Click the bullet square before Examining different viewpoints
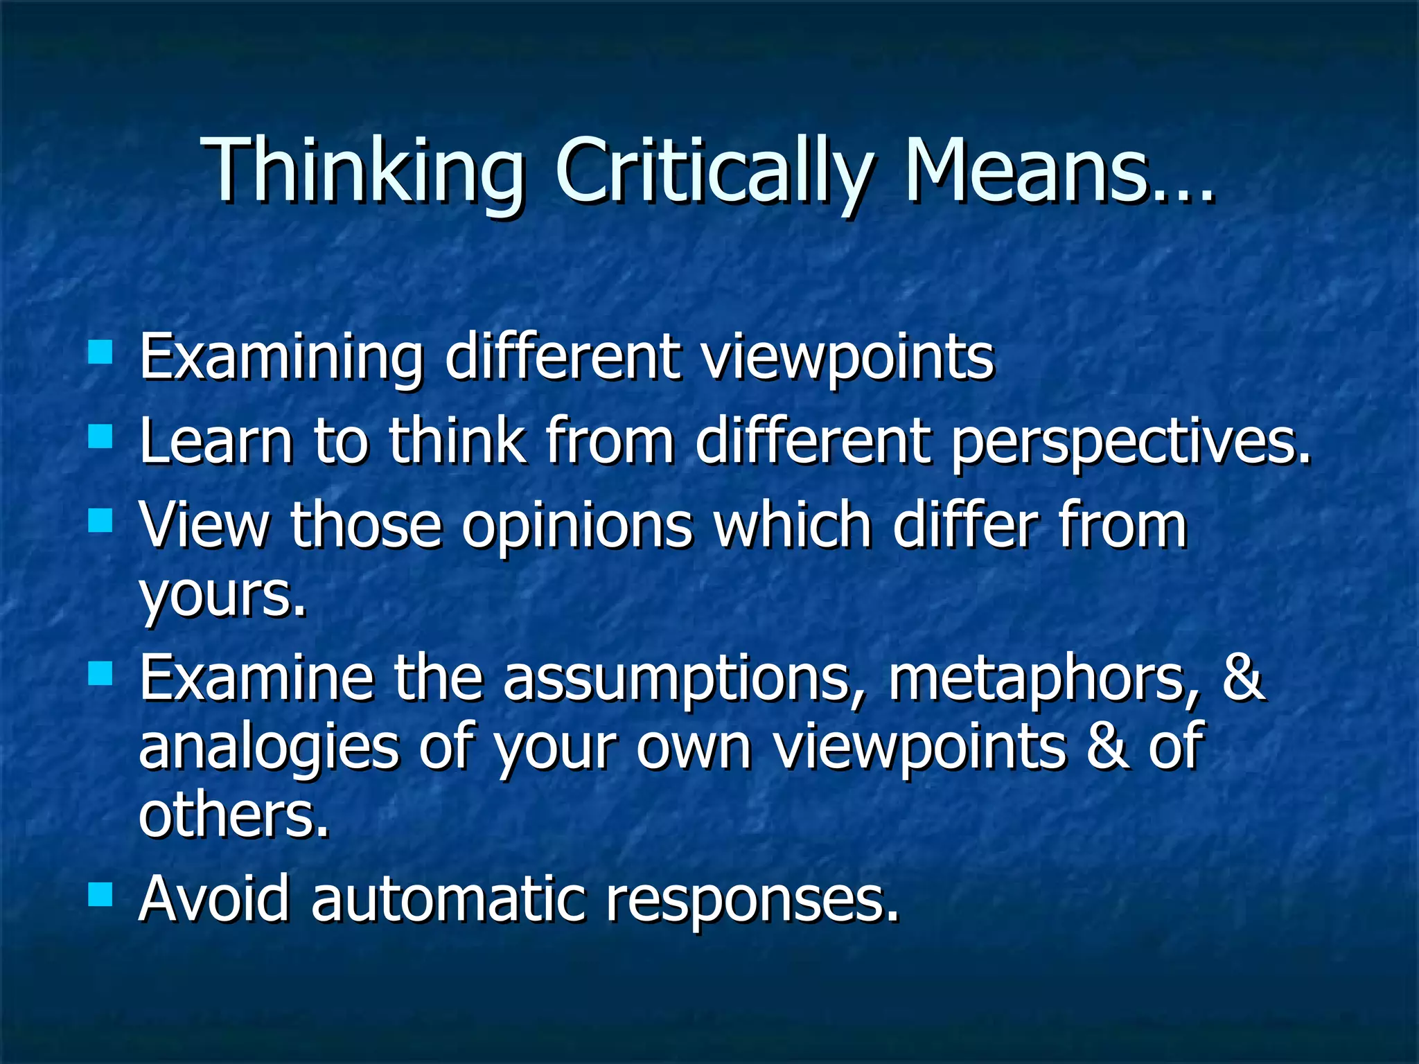pos(100,353)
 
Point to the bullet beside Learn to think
pos(100,437)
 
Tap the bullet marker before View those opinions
pos(100,520)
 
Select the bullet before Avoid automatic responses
pos(100,894)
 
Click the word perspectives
pos(1129,443)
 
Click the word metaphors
pos(1043,679)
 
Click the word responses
pos(752,901)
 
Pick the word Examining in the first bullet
pos(281,358)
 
